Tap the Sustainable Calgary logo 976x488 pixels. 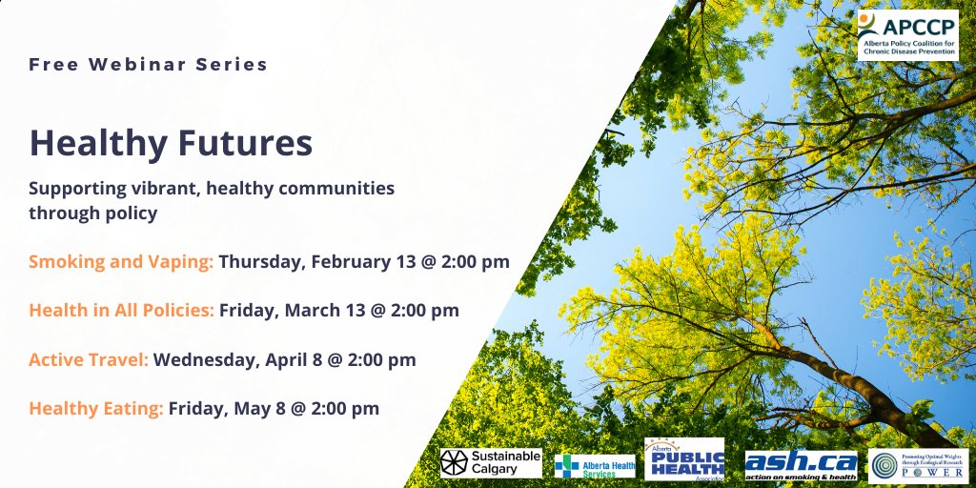[490, 463]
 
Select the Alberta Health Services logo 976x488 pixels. [595, 465]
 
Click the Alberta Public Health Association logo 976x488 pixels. [684, 460]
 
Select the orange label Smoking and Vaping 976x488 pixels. [121, 261]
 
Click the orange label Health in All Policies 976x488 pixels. [121, 310]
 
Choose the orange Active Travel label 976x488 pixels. [89, 359]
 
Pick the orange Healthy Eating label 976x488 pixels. [96, 408]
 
